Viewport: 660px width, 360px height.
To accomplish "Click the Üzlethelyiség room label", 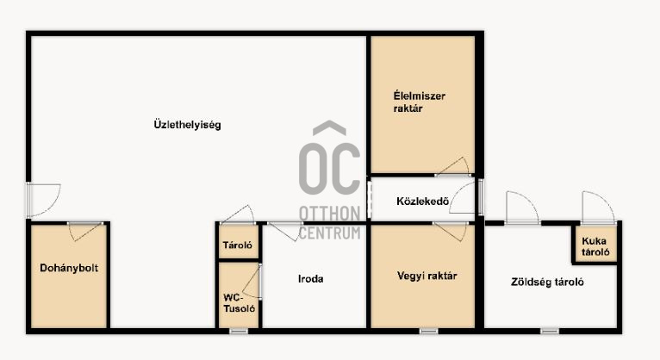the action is click(187, 125).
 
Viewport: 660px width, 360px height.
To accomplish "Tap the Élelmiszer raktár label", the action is click(420, 102).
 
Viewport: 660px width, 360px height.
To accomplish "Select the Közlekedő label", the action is click(422, 202).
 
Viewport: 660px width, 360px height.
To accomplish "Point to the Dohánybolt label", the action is click(69, 268).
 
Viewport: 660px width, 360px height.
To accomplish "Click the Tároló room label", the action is click(238, 245).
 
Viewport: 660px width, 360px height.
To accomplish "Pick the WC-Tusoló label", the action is click(239, 303).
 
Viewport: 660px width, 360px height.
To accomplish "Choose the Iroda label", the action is click(311, 279).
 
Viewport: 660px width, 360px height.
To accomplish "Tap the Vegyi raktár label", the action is click(427, 276).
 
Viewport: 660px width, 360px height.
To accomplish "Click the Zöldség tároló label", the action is click(547, 282).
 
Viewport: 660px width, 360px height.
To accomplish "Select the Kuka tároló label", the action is click(595, 246).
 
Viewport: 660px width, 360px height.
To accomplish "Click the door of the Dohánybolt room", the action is click(85, 232).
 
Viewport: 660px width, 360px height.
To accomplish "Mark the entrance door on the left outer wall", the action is click(43, 200).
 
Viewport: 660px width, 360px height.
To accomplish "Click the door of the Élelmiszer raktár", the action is click(452, 166).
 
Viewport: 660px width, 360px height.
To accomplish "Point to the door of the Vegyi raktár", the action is click(451, 232).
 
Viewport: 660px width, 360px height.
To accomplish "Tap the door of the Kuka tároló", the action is click(598, 208).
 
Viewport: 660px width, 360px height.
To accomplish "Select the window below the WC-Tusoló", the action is click(239, 332).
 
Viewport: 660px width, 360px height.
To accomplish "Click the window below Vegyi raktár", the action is click(428, 332).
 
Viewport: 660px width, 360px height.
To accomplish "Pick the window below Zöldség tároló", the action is click(550, 332).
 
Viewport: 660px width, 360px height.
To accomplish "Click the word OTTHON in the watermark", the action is click(330, 214).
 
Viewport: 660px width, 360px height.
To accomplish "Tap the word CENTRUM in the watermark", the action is click(330, 233).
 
